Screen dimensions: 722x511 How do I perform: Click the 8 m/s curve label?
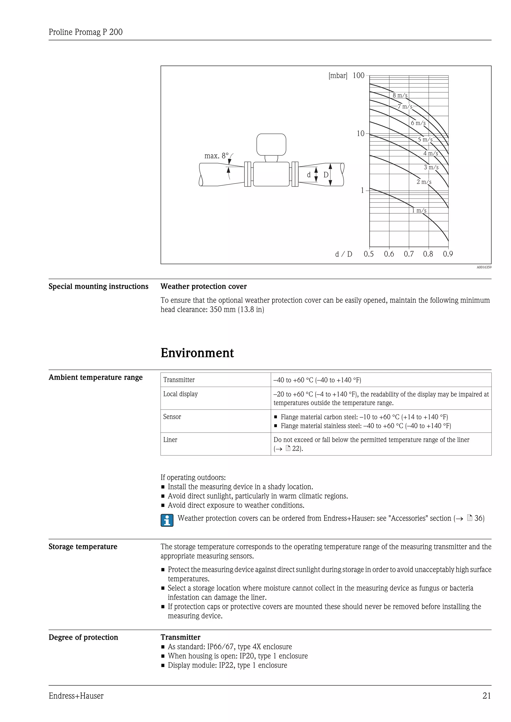tap(400, 95)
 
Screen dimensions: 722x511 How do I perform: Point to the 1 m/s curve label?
tap(419, 210)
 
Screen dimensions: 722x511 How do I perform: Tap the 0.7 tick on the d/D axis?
tap(408, 254)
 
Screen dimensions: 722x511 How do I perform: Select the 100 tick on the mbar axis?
tap(358, 76)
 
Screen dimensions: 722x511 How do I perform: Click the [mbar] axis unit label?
tap(338, 76)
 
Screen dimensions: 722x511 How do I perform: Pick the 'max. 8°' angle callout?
tap(217, 156)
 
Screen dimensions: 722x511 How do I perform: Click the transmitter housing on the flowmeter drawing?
tap(271, 145)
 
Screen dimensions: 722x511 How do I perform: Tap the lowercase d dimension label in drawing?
tap(309, 175)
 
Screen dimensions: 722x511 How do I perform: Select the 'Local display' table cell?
tap(180, 394)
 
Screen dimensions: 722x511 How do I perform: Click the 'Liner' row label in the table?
tap(170, 440)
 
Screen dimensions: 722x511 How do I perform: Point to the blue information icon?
tap(167, 520)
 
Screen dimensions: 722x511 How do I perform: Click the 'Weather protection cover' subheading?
tap(204, 286)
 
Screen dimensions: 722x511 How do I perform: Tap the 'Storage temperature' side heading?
tap(83, 546)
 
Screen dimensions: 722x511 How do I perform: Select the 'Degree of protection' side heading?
tap(83, 637)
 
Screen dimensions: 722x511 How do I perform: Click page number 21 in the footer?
tap(487, 696)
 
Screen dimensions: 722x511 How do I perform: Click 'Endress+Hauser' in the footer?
tap(76, 696)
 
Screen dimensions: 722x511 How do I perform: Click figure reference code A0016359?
tap(484, 267)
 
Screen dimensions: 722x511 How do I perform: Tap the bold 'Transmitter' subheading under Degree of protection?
tap(180, 637)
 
